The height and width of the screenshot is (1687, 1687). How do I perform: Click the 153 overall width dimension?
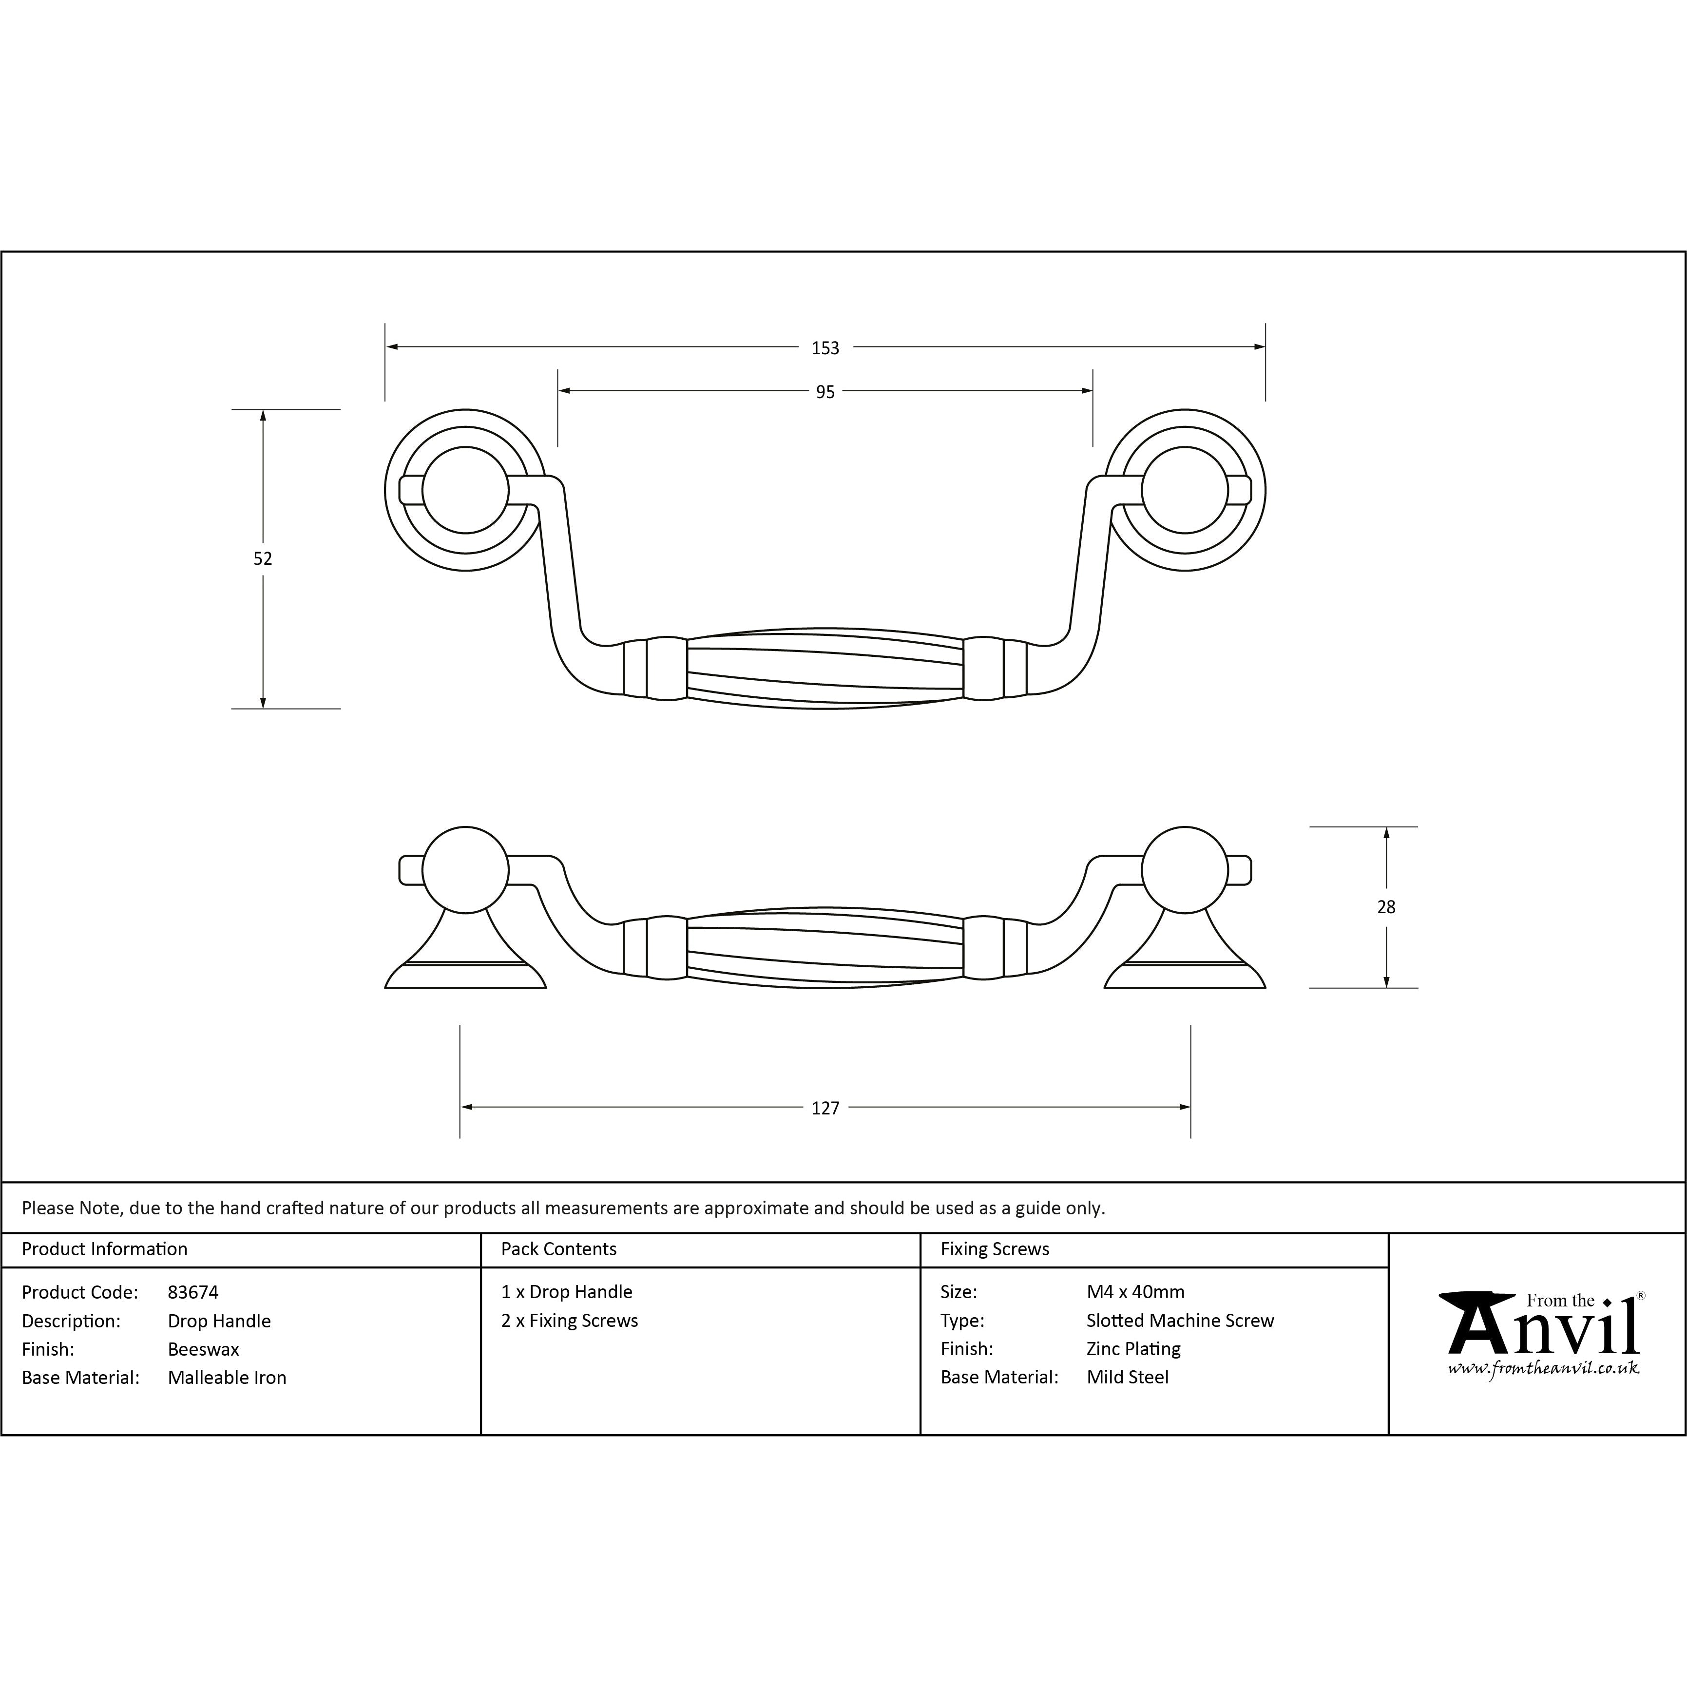(x=825, y=348)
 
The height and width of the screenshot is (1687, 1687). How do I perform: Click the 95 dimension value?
(x=825, y=392)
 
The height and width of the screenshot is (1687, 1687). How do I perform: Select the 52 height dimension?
(x=263, y=559)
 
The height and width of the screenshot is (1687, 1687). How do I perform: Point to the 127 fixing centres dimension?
(x=825, y=1108)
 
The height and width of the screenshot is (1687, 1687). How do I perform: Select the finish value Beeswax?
(x=204, y=1349)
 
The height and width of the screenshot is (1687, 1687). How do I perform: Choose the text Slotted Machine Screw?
(x=1180, y=1320)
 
